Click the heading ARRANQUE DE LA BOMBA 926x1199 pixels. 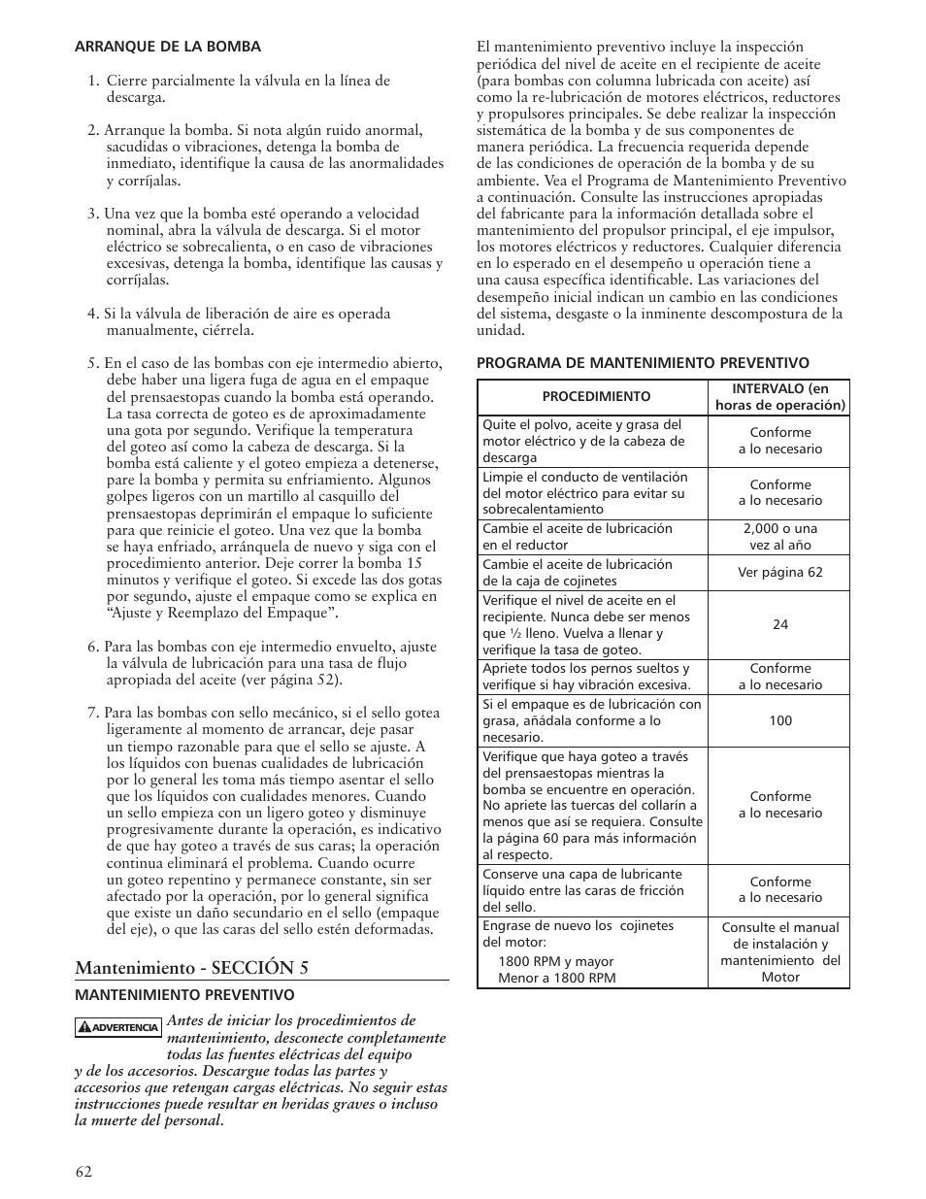[168, 46]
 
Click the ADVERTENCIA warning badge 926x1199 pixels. [118, 1027]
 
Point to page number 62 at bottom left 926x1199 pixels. [83, 1171]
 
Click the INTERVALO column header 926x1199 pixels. [779, 396]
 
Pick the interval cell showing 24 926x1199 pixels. [779, 624]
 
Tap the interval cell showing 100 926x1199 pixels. [779, 720]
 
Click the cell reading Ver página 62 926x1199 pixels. [779, 572]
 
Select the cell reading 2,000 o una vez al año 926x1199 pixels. [779, 537]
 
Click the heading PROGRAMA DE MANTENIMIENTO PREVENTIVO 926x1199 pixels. [642, 362]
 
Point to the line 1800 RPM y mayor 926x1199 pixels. [555, 961]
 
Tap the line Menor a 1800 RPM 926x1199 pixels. [556, 978]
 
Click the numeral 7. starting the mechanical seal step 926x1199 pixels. [93, 713]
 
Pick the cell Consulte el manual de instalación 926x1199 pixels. [779, 952]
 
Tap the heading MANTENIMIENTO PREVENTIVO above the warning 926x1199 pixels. [184, 994]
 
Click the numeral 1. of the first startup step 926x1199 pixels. [94, 81]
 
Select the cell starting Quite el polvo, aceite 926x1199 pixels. [591, 441]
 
